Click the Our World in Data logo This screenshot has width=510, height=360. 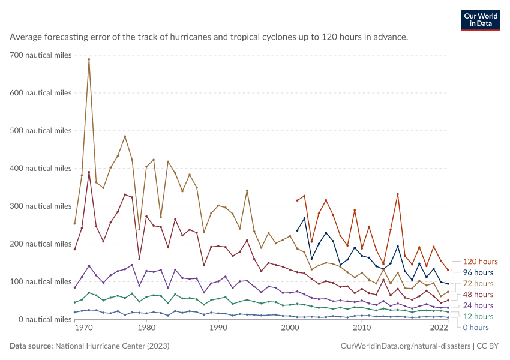pos(481,20)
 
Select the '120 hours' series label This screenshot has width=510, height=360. pos(480,262)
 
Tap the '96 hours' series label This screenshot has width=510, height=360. pos(478,272)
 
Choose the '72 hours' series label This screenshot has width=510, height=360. pos(478,284)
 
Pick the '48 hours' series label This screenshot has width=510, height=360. pos(478,295)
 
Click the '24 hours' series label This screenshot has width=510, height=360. pos(478,305)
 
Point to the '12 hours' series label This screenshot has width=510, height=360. pos(478,316)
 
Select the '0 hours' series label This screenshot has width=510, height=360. pos(476,328)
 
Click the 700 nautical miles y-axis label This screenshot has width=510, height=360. pos(41,55)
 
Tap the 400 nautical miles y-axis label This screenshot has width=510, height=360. pos(41,168)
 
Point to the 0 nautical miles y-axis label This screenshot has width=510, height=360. pos(45,319)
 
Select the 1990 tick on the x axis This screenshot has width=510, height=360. pos(218,328)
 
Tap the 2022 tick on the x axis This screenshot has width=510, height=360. pos(439,328)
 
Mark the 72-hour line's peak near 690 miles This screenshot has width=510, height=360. pos(89,59)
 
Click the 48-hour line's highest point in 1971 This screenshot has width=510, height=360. pos(89,172)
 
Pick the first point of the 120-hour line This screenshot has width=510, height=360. pos(297,200)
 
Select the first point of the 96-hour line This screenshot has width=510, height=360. pos(297,230)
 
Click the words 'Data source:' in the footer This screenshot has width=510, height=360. pos(31,346)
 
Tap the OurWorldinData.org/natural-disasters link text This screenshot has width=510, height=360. pos(405,346)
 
